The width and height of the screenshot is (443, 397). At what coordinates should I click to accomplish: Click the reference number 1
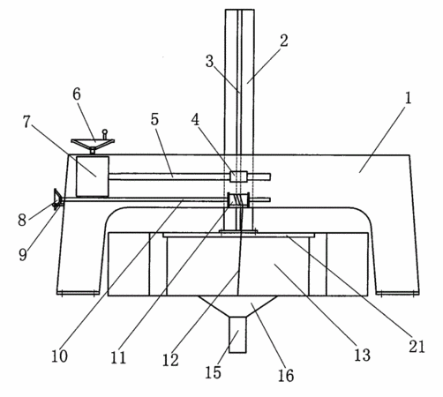tap(408, 98)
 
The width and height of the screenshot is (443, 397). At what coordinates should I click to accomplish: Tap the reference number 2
tap(284, 41)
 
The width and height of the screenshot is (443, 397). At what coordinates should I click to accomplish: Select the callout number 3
tap(209, 62)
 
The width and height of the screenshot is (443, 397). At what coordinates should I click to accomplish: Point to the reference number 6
tap(77, 94)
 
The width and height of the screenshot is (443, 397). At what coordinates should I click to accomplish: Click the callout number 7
tap(26, 122)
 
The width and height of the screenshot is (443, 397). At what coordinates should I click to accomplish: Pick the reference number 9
tap(23, 254)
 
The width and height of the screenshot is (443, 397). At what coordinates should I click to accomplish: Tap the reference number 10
tap(59, 356)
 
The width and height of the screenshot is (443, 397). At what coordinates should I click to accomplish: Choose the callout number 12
tap(170, 360)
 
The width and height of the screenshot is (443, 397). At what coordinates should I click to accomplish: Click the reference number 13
tap(362, 355)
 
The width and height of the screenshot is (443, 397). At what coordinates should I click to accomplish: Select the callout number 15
tap(213, 372)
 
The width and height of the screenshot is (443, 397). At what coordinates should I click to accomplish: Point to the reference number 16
tap(286, 376)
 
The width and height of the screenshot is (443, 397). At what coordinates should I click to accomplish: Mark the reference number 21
tap(417, 347)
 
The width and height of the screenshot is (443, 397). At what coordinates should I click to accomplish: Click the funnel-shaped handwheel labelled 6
tap(93, 145)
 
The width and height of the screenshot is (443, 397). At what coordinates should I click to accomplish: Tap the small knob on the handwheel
tap(104, 133)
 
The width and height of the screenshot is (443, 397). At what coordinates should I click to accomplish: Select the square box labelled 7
tap(93, 176)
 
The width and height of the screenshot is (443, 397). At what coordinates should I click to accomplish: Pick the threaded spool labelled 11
tap(238, 200)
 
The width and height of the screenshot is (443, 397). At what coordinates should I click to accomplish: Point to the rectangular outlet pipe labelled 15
tap(237, 334)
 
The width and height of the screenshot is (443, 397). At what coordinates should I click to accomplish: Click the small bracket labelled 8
tap(57, 199)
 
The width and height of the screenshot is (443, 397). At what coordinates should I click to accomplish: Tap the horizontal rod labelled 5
tap(169, 176)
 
